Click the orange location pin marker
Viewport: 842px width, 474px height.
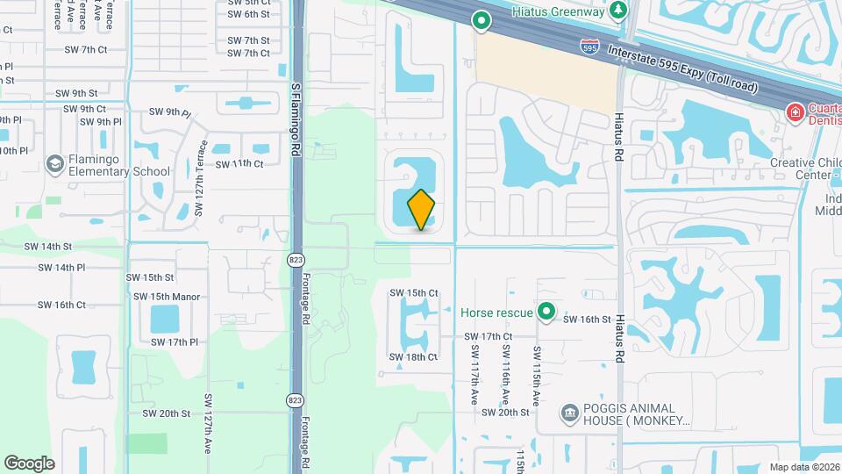[x=421, y=209]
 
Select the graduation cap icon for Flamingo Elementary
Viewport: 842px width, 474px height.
[x=55, y=164]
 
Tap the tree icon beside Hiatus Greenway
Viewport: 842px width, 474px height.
[x=619, y=11]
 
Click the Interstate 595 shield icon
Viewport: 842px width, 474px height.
[x=590, y=47]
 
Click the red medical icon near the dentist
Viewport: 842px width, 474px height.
[x=795, y=111]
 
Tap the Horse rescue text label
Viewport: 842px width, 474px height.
[x=497, y=312]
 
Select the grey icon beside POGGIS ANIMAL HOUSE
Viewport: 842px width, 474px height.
[x=568, y=413]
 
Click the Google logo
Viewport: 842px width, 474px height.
[x=29, y=463]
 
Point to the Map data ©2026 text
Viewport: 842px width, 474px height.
[x=804, y=467]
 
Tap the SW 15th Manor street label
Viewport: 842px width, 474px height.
[x=163, y=297]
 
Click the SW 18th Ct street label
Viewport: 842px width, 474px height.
[x=413, y=357]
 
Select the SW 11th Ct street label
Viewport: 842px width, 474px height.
[x=239, y=164]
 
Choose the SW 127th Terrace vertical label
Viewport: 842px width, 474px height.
[x=200, y=179]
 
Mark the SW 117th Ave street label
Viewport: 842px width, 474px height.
[x=475, y=373]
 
